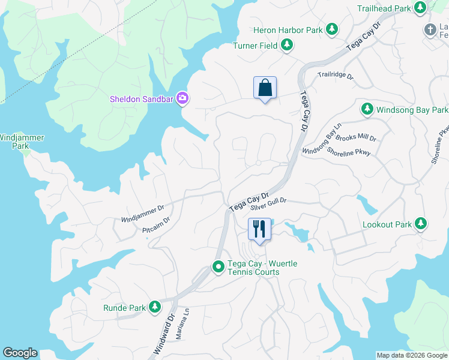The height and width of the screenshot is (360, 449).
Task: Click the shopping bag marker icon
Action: click(x=265, y=88)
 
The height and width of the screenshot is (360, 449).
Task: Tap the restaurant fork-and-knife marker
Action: click(x=259, y=229)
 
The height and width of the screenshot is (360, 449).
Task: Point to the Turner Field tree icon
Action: click(x=287, y=45)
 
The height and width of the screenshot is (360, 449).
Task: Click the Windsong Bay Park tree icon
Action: click(x=366, y=110)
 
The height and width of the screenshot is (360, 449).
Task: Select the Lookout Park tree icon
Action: click(x=421, y=224)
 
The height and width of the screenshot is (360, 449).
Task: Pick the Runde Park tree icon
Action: click(x=155, y=308)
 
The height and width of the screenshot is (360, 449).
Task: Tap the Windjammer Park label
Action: click(x=22, y=142)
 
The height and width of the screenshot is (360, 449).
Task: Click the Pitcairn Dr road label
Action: click(x=156, y=225)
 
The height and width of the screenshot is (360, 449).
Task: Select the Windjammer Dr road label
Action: click(x=143, y=213)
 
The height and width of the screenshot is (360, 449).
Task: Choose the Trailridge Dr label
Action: click(x=336, y=76)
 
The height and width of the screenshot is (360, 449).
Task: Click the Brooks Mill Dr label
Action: click(x=356, y=138)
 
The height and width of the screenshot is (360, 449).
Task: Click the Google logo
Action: click(x=20, y=353)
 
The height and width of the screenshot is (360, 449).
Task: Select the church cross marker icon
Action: click(x=430, y=29)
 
